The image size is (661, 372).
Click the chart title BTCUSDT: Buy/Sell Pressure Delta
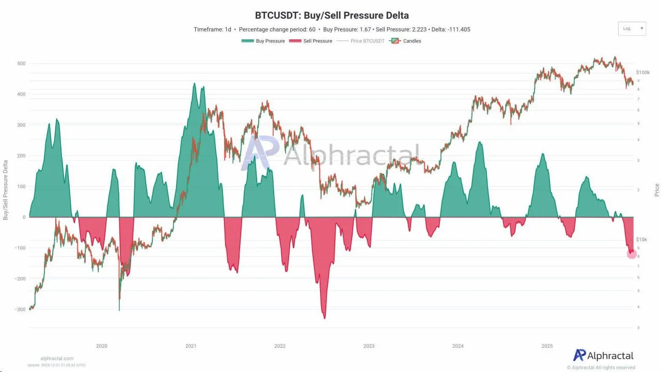tap(332, 16)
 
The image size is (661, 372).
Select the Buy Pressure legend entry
tap(263, 41)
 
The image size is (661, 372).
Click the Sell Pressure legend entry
tap(310, 41)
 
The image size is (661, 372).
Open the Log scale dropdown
tap(632, 28)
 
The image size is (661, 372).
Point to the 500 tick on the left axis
tap(21, 64)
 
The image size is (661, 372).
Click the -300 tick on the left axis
tap(19, 309)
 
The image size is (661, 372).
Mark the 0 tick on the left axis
tap(24, 218)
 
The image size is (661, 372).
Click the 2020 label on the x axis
tap(102, 346)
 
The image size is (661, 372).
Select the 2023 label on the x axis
tap(369, 346)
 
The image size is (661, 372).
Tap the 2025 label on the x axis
tap(547, 346)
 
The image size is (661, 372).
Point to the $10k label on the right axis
tap(641, 240)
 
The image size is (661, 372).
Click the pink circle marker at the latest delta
tap(632, 253)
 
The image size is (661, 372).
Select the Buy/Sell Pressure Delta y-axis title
tap(6, 190)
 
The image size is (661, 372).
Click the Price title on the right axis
tap(657, 190)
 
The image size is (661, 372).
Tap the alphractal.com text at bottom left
tap(57, 358)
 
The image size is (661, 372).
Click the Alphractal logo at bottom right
tap(603, 355)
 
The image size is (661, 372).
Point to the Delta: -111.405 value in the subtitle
tap(451, 29)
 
